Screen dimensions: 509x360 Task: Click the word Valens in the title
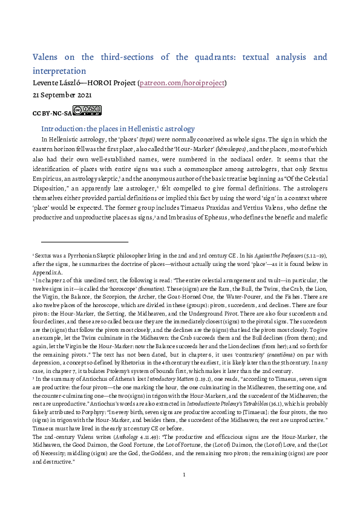(47, 57)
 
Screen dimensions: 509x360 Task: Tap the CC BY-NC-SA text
(51, 112)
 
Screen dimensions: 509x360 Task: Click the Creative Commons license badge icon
(87, 111)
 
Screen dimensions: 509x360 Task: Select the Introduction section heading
(117, 129)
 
